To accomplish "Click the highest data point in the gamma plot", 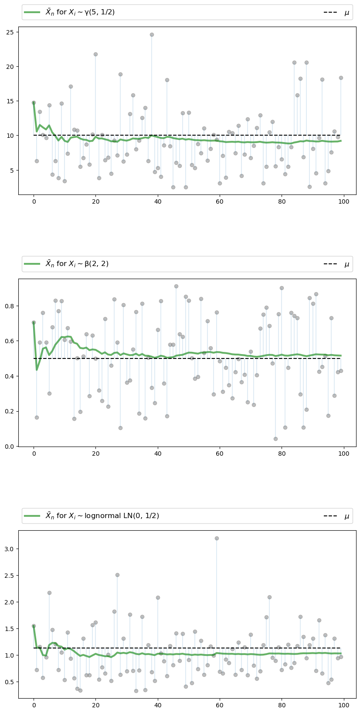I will pos(152,34).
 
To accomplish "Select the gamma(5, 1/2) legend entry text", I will pos(80,12).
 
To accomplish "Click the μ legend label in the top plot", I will pos(347,13).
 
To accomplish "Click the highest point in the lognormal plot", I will pos(217,538).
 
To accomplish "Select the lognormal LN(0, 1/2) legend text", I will pos(102,516).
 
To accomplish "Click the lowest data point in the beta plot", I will pos(275,439).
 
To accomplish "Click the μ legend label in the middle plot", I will pos(347,264).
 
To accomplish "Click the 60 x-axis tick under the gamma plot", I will pos(220,202).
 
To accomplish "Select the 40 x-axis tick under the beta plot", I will pos(158,454).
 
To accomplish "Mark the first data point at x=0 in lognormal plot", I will pos(34,626).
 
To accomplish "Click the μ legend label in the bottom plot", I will pos(347,516).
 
